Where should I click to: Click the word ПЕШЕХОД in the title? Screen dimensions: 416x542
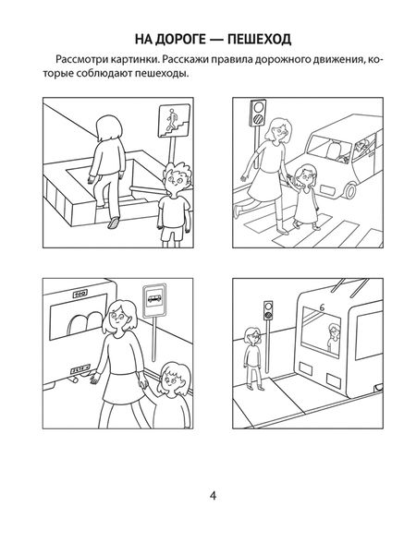coord(260,39)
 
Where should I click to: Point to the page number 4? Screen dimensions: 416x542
coord(213,496)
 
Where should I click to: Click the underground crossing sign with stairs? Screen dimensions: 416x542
coord(174,121)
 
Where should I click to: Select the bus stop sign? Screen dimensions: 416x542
coord(154,300)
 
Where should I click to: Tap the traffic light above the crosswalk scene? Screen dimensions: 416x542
coord(258,113)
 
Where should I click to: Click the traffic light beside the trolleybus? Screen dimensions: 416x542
coord(268,310)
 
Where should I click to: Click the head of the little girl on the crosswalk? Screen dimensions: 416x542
coord(304,175)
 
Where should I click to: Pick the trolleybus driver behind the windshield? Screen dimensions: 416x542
coord(334,338)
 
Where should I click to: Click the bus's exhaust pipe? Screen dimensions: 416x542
coord(74,379)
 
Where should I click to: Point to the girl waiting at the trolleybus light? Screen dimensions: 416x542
coord(253,358)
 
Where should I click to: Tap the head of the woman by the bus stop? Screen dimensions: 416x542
coord(119,318)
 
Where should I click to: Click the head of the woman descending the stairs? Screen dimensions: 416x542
coord(109,128)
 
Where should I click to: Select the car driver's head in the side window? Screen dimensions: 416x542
coord(361,145)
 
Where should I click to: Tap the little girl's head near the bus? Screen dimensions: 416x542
coord(174,379)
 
